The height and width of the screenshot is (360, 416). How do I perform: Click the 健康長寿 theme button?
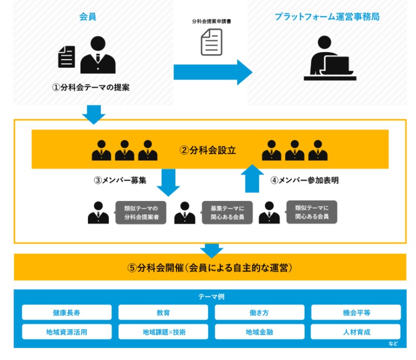67,313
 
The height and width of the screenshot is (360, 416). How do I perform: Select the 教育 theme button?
163,313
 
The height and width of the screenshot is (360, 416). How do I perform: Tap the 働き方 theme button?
259,313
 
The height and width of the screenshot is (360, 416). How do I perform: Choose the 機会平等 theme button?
356,313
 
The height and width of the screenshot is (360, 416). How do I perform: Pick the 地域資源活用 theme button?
67,332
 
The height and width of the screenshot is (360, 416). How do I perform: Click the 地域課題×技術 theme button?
163,332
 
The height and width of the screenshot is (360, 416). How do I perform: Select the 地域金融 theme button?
259,332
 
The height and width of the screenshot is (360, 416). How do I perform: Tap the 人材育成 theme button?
356,332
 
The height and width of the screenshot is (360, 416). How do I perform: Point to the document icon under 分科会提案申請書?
212,42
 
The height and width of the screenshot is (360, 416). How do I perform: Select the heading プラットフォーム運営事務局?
327,17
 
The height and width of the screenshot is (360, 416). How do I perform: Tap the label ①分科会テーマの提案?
91,88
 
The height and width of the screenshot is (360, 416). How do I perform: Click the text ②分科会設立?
208,150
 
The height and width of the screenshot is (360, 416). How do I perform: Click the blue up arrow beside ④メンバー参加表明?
252,179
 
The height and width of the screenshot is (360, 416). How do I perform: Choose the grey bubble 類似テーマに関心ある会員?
312,212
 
